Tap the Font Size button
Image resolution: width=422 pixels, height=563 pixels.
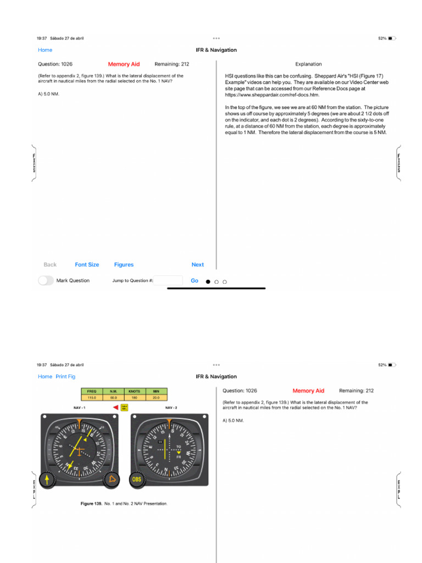pyautogui.click(x=87, y=264)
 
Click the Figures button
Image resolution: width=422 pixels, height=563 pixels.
pyautogui.click(x=124, y=264)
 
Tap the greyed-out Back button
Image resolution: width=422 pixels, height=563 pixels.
pyautogui.click(x=50, y=264)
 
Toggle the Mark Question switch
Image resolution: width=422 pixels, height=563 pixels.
pyautogui.click(x=46, y=280)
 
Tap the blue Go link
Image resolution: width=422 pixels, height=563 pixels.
pyautogui.click(x=195, y=280)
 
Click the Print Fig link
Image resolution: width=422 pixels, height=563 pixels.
pyautogui.click(x=65, y=377)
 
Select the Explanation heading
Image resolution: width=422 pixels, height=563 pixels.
pyautogui.click(x=308, y=64)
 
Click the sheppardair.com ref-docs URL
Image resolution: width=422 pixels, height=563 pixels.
pyautogui.click(x=272, y=95)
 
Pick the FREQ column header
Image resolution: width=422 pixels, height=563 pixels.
pyautogui.click(x=92, y=391)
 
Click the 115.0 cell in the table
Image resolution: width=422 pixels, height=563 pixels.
pyautogui.click(x=92, y=397)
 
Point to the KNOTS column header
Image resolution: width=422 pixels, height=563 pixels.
pyautogui.click(x=134, y=391)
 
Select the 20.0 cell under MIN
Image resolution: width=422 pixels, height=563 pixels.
pyautogui.click(x=156, y=397)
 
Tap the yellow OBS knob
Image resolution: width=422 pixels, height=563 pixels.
pyautogui.click(x=137, y=479)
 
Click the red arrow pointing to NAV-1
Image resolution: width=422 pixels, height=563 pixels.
pyautogui.click(x=115, y=407)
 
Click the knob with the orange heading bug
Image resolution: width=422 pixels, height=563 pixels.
pyautogui.click(x=112, y=479)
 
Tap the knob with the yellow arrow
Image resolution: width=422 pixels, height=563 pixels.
pyautogui.click(x=47, y=479)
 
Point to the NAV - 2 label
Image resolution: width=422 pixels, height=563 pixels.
pyautogui.click(x=171, y=408)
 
